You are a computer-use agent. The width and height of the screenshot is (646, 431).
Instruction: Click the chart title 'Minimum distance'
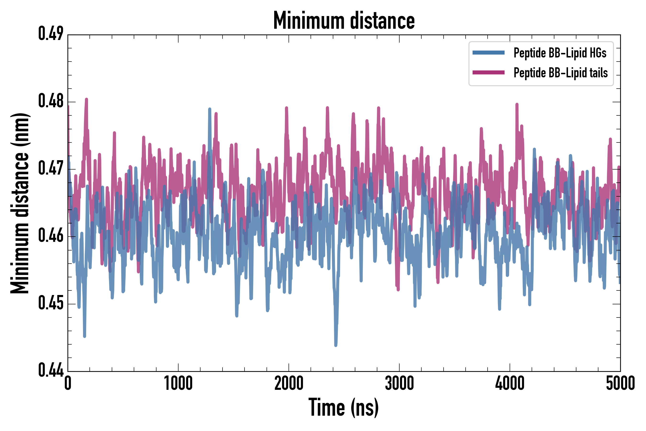(x=344, y=21)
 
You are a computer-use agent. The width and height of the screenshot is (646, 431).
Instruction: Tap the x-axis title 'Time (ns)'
(x=344, y=407)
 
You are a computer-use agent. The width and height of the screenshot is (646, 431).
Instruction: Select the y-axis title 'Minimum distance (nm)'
(x=20, y=203)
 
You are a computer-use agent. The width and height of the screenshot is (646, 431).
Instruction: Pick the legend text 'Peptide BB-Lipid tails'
(x=561, y=73)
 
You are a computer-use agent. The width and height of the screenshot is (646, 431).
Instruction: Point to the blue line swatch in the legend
(x=488, y=53)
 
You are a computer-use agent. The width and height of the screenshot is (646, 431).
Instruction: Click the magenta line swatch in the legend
(x=488, y=73)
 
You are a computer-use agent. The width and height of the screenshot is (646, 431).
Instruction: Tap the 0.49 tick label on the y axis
(x=51, y=34)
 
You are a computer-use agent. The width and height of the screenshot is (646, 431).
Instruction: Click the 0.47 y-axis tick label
(x=51, y=169)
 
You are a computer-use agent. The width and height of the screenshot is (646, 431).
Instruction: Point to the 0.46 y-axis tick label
(x=51, y=236)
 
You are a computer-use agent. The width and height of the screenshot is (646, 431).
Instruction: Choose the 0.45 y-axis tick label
(x=51, y=303)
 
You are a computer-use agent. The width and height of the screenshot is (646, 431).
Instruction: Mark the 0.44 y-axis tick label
(x=51, y=370)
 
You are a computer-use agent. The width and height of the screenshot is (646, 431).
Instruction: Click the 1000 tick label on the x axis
(x=178, y=383)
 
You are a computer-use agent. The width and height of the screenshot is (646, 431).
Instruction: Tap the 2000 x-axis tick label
(x=289, y=383)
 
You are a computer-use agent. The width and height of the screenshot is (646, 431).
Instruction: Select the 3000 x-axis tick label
(x=399, y=383)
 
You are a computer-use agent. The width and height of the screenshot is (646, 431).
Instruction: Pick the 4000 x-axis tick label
(x=509, y=383)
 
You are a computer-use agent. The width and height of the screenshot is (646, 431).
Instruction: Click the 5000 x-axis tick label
(x=620, y=383)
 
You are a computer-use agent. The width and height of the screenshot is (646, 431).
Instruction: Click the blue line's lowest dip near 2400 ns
(x=336, y=345)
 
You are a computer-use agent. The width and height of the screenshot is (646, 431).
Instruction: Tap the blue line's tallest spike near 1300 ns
(x=210, y=109)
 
